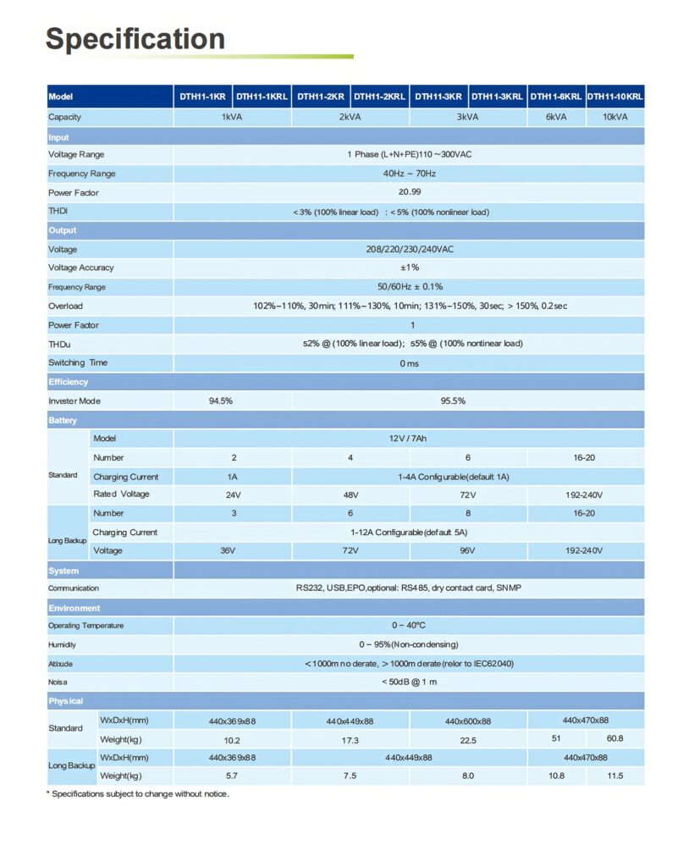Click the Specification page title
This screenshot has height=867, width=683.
point(135,39)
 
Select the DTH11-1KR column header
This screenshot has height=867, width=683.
point(202,97)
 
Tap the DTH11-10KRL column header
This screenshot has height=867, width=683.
point(614,97)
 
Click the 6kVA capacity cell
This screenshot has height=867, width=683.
point(556,117)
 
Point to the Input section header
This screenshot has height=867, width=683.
point(59,137)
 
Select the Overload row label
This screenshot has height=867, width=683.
point(65,306)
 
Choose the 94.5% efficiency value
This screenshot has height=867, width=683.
point(220,401)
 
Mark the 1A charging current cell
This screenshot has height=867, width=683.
point(221,477)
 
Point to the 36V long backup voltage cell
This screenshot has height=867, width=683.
point(228,550)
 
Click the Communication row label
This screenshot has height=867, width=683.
point(73,588)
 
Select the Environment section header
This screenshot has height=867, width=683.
point(74,608)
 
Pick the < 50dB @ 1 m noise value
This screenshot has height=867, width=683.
point(409,682)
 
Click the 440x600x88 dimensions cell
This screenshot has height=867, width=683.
point(467,721)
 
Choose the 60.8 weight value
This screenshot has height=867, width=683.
point(614,738)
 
